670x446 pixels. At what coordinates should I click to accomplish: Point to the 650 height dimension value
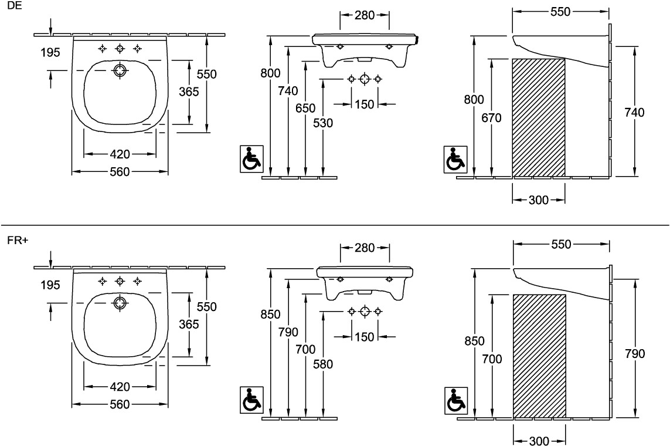point(305,108)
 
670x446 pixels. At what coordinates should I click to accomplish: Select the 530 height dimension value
point(322,123)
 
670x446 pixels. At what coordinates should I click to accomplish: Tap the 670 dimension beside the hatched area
point(492,118)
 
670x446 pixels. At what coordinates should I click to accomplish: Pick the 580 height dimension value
point(322,364)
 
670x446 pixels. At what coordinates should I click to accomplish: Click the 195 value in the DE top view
point(50,53)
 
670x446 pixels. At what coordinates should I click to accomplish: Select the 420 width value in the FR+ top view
point(120,387)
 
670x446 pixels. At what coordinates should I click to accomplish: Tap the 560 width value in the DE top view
point(120,171)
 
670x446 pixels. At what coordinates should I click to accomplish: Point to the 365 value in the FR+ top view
point(189,324)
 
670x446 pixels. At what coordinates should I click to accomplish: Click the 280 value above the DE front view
point(365,15)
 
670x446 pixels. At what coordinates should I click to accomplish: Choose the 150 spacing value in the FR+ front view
point(364,336)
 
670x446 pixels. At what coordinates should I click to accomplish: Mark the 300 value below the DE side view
point(539,200)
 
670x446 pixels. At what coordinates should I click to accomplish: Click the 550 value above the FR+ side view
point(561,244)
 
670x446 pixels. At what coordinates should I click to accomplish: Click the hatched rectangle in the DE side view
point(539,117)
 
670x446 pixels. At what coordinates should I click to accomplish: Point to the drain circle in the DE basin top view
point(120,70)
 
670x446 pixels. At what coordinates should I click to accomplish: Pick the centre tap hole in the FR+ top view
point(120,281)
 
